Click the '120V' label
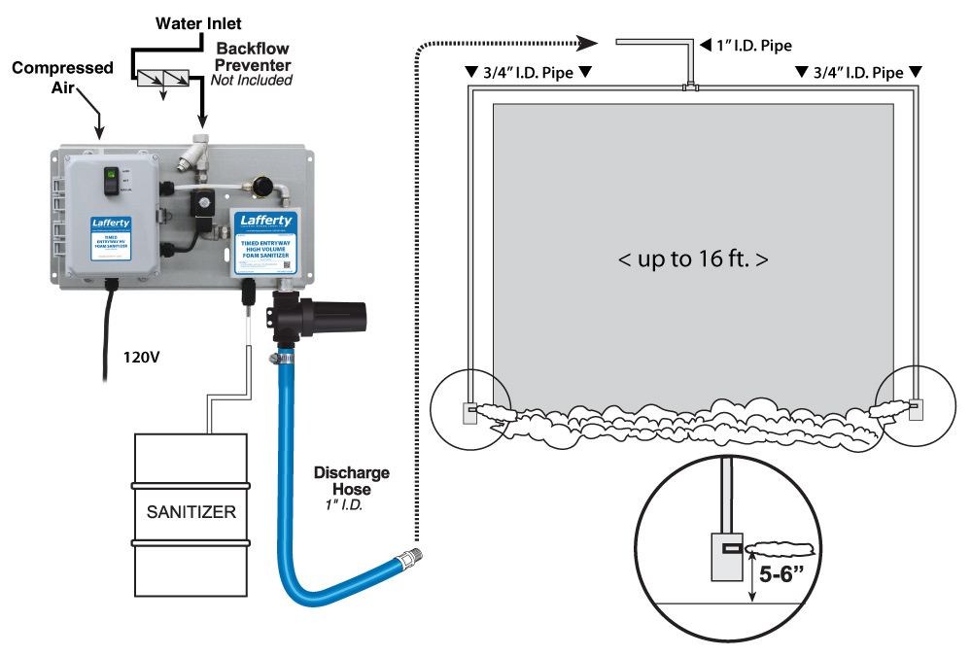click(x=142, y=357)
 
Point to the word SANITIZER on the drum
click(x=191, y=511)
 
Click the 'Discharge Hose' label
click(x=351, y=481)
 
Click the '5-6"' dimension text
click(x=787, y=569)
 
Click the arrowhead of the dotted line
click(x=589, y=42)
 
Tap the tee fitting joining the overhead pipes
click(x=691, y=87)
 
